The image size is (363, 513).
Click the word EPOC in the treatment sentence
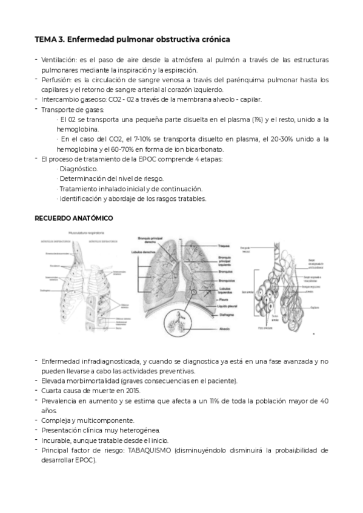[152, 159]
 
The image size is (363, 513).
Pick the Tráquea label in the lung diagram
[224, 246]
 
